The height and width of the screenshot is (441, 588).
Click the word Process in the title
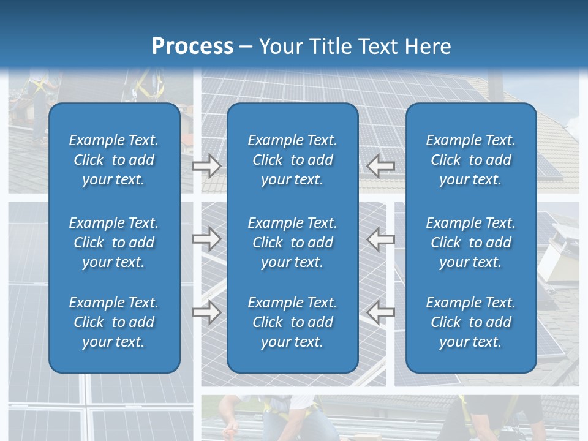tap(192, 47)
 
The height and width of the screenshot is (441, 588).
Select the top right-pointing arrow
tap(207, 165)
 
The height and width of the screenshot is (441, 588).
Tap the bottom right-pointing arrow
tap(207, 312)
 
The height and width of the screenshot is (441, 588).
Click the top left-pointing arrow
tap(380, 165)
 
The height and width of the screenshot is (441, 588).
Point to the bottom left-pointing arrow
tap(380, 312)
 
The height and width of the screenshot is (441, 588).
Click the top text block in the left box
tap(114, 160)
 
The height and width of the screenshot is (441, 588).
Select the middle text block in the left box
tap(114, 243)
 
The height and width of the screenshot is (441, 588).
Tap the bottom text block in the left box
tap(114, 322)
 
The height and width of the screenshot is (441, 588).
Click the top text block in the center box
tap(292, 160)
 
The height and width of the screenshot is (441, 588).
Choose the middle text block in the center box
tap(292, 243)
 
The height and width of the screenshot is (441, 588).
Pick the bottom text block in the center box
tap(292, 322)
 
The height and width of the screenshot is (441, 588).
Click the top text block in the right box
tap(470, 160)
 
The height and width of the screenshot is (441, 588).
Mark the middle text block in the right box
tap(470, 243)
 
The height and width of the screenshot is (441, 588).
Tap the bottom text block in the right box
tap(470, 322)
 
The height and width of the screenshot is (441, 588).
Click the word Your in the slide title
tap(279, 47)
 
